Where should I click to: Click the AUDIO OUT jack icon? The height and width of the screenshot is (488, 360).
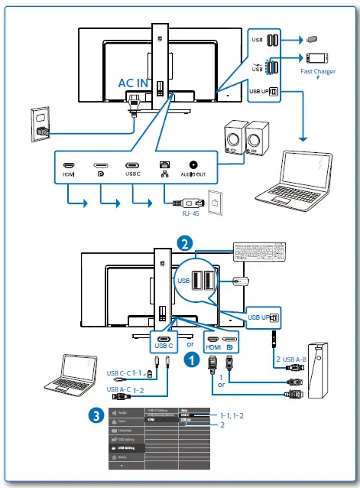[x=193, y=164]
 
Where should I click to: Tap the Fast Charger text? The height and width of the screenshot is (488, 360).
[x=318, y=72]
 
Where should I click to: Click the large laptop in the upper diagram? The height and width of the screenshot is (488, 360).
[x=310, y=172]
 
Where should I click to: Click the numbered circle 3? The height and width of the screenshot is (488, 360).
[x=95, y=415]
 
